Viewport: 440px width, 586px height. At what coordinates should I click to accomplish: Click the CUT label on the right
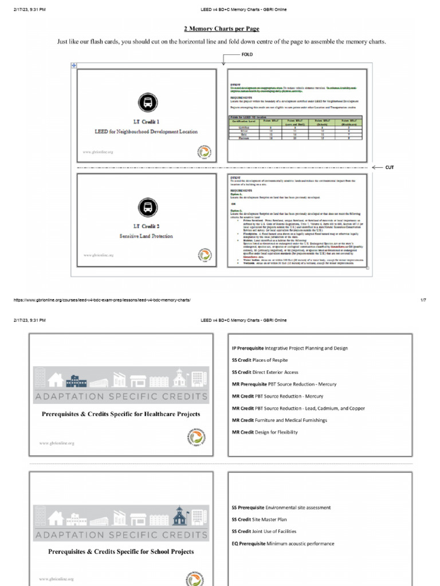click(389, 167)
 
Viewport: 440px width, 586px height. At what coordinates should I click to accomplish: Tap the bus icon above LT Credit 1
click(146, 103)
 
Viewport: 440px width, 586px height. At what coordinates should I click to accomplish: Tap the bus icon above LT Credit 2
click(146, 207)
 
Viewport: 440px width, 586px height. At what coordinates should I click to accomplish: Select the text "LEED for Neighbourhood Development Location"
click(146, 132)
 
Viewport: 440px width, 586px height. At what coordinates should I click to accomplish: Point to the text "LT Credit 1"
click(146, 122)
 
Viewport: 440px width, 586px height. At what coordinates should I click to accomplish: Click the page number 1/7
click(423, 300)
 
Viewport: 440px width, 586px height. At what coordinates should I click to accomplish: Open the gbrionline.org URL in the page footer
click(97, 300)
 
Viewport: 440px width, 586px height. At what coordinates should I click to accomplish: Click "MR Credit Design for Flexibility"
click(265, 432)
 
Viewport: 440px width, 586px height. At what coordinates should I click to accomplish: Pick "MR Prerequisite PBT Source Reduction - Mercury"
click(284, 384)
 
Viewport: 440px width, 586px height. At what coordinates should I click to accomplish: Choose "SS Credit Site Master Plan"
click(259, 520)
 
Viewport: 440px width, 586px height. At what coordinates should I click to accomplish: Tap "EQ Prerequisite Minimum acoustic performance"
click(282, 544)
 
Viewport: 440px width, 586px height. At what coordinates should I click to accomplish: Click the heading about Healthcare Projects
click(121, 414)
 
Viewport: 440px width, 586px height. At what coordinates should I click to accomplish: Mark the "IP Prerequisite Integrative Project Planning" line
click(289, 348)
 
